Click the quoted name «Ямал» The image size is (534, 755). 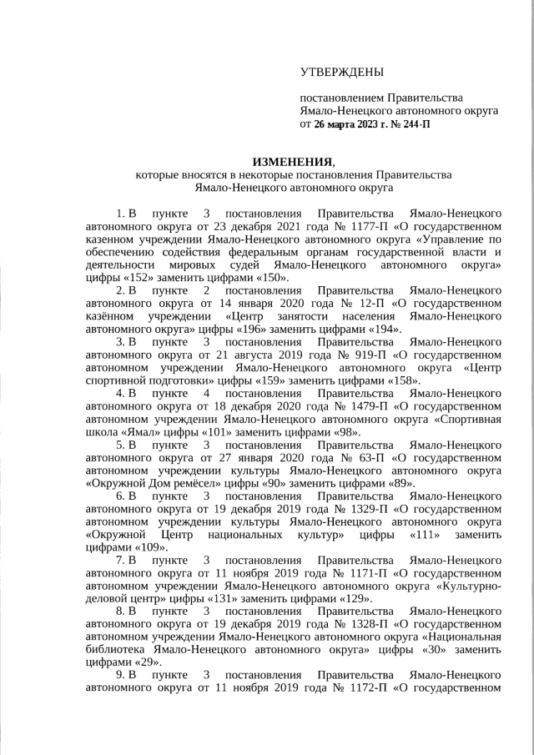pyautogui.click(x=143, y=433)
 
